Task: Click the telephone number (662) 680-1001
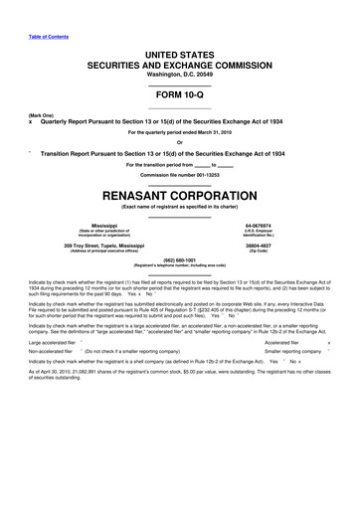coord(179,261)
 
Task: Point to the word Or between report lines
coord(179,142)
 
